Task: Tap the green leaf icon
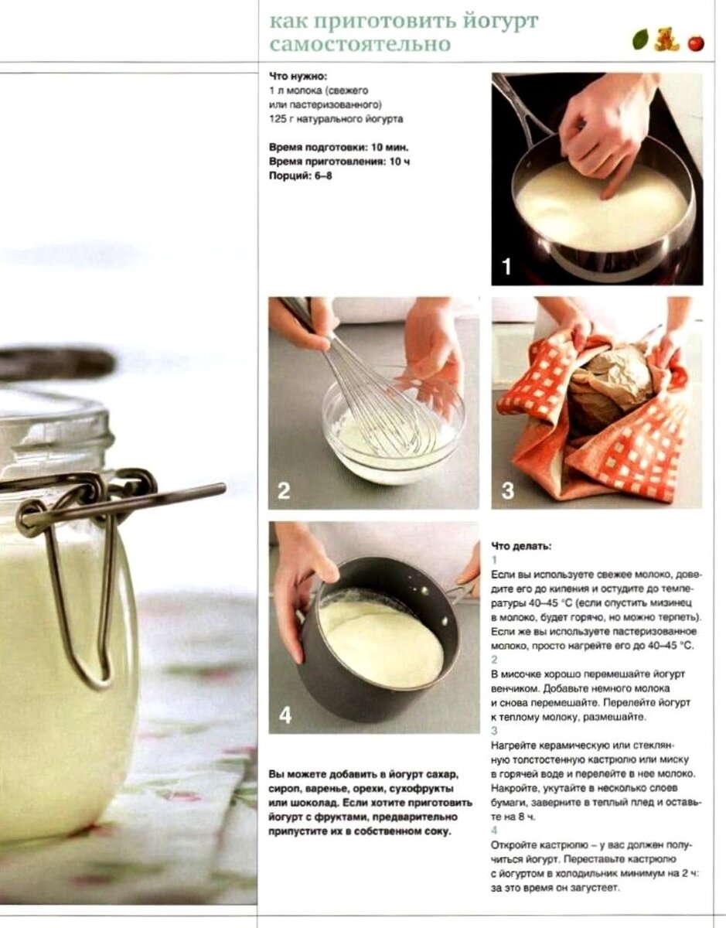tap(640, 40)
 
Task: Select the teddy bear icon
tap(666, 39)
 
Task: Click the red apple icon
tap(696, 43)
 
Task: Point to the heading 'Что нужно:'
tap(298, 77)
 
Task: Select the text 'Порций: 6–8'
tap(301, 176)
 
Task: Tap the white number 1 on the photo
tap(506, 267)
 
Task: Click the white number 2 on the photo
tap(284, 491)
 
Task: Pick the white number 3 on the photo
tap(507, 491)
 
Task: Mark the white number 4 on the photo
tap(285, 715)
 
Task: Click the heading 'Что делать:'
tap(522, 546)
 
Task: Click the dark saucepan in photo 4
tap(380, 645)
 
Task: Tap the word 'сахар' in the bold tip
tap(445, 774)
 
